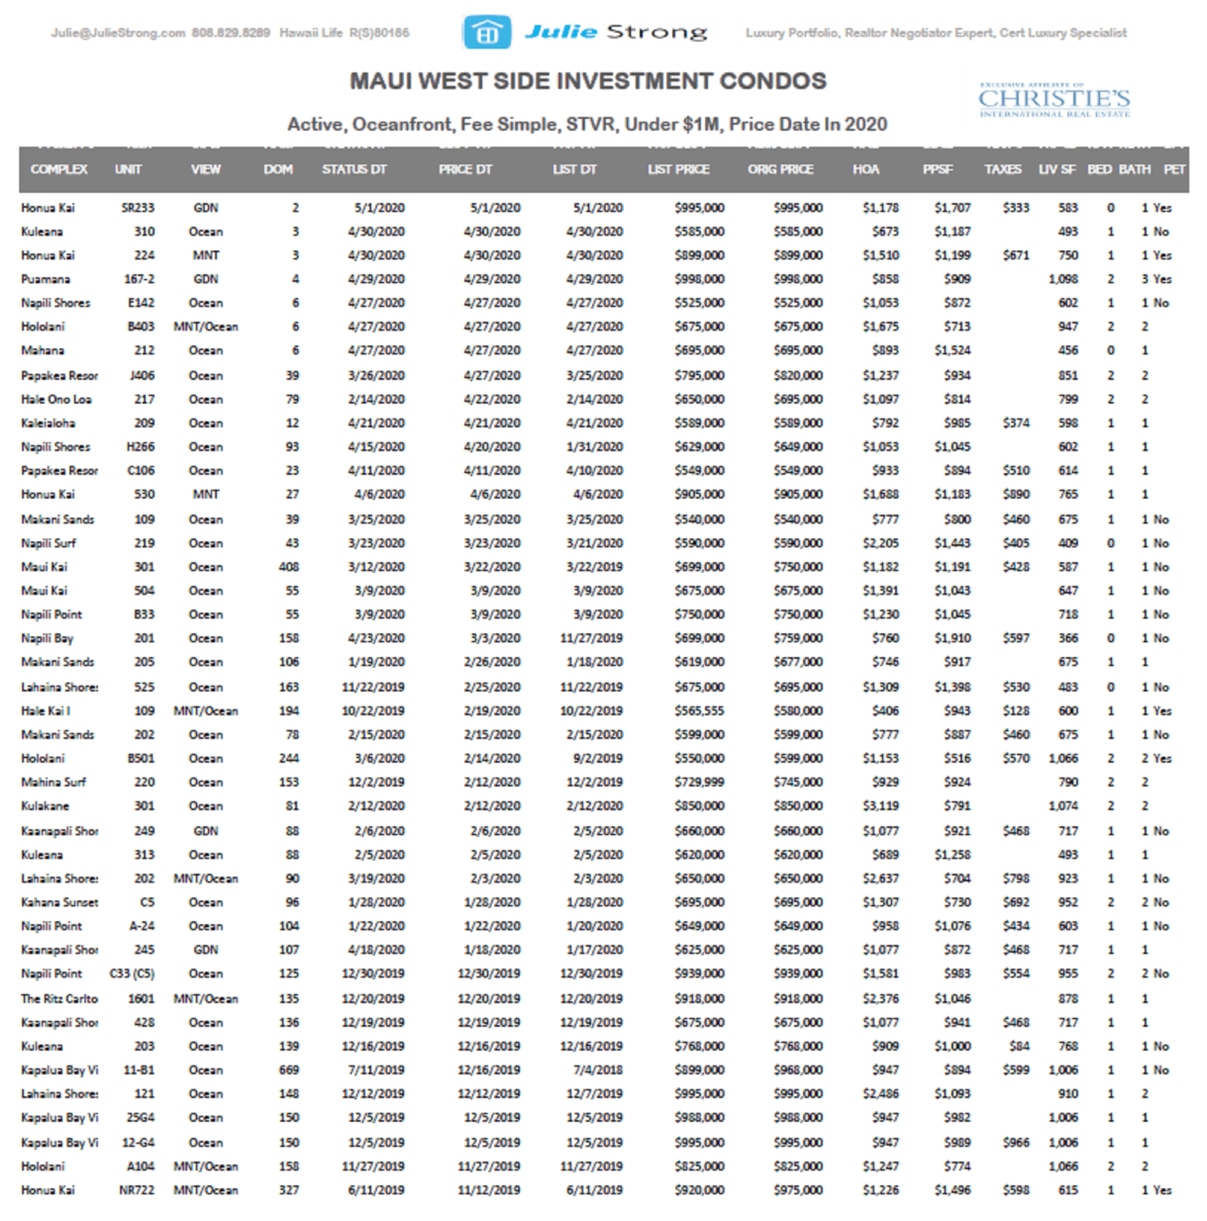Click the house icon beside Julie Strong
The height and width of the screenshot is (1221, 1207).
487,32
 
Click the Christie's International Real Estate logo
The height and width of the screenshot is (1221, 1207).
1054,100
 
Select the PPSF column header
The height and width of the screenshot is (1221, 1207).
937,170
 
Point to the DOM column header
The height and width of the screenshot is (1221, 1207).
278,170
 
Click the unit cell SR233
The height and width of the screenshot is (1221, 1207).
138,208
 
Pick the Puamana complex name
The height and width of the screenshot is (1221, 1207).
45,279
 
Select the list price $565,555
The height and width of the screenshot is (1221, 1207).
699,711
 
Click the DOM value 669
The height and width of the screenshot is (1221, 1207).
289,1070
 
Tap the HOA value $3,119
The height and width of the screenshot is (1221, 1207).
881,806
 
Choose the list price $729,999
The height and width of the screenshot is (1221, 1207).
699,782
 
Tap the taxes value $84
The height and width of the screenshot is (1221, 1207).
1019,1047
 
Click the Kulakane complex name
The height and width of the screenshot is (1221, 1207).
45,806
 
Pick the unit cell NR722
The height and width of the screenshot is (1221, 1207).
137,1190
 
